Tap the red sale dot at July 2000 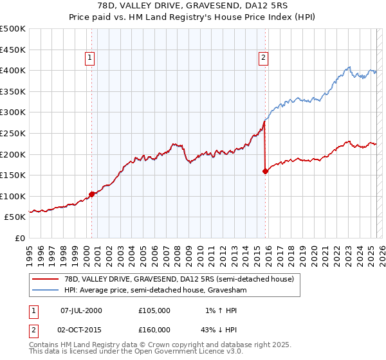point(91,194)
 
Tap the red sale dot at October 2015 point(265,171)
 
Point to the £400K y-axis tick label point(13,70)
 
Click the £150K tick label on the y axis point(13,175)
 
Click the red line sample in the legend point(46,279)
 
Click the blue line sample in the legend point(46,290)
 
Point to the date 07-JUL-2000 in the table point(81,310)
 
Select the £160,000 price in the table point(154,329)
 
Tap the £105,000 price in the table point(154,310)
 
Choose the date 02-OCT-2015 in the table point(81,329)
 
